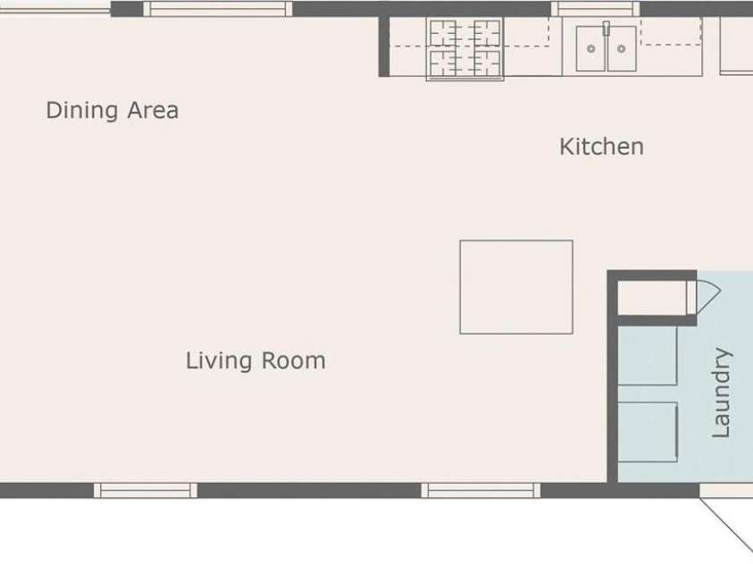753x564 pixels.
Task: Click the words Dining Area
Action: [113, 111]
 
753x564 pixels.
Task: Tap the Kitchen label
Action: [602, 146]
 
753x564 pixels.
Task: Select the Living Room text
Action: [255, 361]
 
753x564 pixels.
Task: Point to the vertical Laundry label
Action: [722, 393]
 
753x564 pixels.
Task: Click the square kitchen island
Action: [516, 286]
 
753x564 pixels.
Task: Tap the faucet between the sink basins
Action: [607, 29]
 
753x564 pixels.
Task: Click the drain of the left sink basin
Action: [591, 48]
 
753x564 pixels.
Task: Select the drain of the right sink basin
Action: [622, 48]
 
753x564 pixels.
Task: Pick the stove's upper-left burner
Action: [443, 33]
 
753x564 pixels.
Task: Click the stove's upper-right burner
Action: [487, 33]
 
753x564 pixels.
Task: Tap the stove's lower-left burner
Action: [443, 62]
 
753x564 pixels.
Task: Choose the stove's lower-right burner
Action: [487, 62]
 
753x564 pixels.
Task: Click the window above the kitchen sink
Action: [596, 9]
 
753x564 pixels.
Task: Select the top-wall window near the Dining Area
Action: [218, 9]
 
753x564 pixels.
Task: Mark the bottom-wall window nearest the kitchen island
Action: [481, 491]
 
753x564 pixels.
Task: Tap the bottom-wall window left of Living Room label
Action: [146, 491]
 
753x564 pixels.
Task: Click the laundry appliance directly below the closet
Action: [648, 355]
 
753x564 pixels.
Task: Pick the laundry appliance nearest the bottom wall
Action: [648, 432]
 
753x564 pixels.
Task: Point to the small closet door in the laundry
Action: [704, 297]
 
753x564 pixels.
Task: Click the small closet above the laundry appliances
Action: [652, 298]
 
